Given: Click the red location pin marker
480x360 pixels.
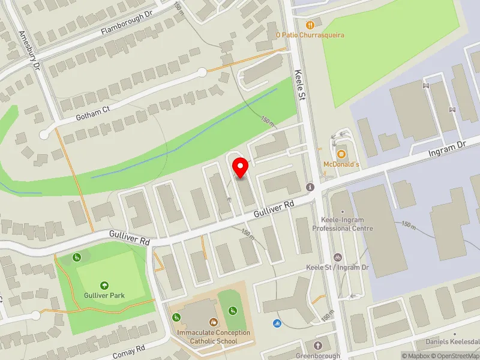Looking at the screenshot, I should pyautogui.click(x=241, y=168).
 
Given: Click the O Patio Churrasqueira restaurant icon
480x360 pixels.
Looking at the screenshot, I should pyautogui.click(x=310, y=25).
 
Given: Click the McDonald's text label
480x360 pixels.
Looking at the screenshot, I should pyautogui.click(x=341, y=164).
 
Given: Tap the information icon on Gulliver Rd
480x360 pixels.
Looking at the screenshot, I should pyautogui.click(x=310, y=187).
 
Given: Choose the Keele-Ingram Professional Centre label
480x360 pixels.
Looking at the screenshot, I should pyautogui.click(x=343, y=224).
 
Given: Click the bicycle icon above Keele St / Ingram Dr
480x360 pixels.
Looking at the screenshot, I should pyautogui.click(x=337, y=257).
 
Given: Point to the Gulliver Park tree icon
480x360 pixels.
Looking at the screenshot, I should pyautogui.click(x=104, y=286).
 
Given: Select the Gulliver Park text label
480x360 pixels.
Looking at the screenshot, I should pyautogui.click(x=104, y=296).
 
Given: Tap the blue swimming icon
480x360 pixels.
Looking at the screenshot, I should pyautogui.click(x=277, y=325).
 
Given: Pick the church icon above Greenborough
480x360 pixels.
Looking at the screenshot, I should pyautogui.click(x=317, y=346).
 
